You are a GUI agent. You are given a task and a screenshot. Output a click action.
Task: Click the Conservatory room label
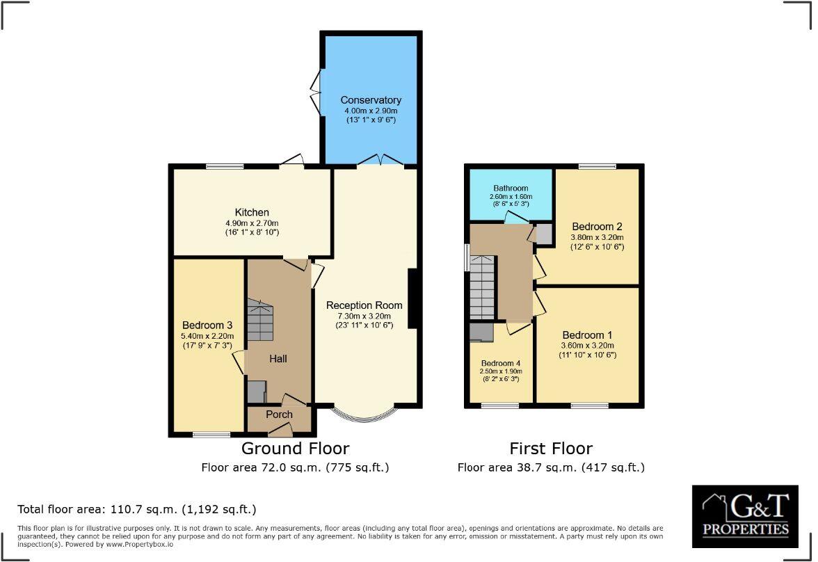371,100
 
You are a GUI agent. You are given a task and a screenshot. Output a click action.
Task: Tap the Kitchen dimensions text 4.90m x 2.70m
252,223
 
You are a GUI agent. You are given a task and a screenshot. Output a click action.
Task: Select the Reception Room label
364,305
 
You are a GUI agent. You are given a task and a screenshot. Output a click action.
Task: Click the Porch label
279,415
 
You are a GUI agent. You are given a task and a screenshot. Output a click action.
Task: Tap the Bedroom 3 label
207,325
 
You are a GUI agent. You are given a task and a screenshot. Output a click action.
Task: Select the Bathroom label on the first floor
511,188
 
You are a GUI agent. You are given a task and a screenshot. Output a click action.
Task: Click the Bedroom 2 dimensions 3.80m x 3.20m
597,237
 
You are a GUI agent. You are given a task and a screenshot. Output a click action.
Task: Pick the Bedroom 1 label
588,335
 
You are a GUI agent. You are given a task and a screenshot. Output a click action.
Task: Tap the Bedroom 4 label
500,363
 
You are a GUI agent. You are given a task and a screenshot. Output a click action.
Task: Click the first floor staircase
482,287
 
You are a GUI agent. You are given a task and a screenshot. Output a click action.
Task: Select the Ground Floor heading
295,449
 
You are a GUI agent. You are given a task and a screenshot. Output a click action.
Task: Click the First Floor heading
551,449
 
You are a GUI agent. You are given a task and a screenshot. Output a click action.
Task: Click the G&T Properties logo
745,516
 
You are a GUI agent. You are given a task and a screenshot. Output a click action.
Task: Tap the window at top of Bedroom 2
597,166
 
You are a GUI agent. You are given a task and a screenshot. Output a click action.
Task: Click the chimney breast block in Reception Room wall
412,298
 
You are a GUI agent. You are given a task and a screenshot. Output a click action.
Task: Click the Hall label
279,359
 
